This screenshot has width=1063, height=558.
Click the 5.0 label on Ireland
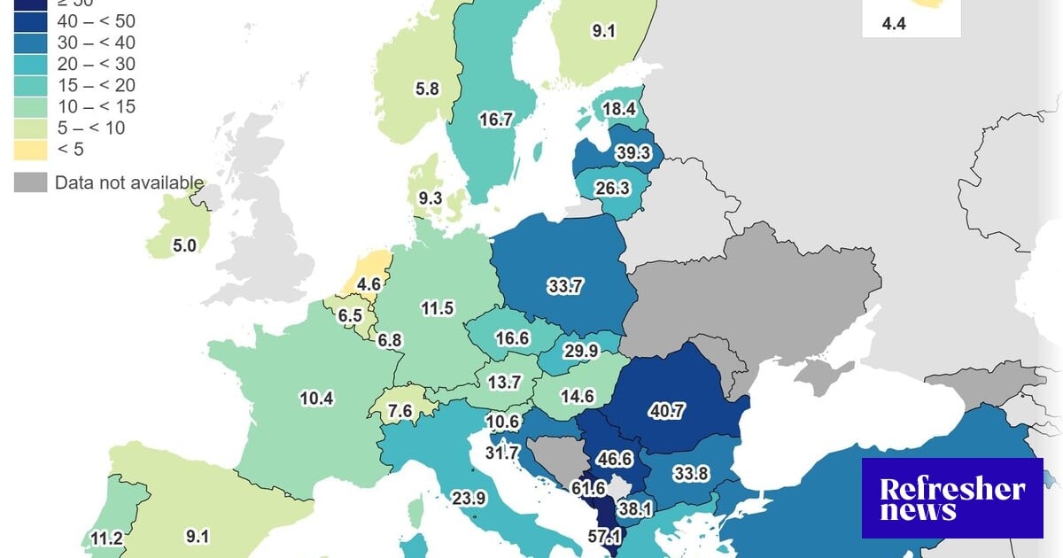(184, 245)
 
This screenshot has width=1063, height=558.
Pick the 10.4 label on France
(316, 399)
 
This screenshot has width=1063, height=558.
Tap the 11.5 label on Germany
(437, 308)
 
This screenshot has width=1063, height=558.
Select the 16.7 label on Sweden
(495, 119)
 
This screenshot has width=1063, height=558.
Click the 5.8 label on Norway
(426, 89)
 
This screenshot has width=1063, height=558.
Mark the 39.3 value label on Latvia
(633, 153)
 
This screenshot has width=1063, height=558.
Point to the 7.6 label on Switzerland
(400, 411)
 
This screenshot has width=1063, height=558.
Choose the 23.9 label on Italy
(469, 498)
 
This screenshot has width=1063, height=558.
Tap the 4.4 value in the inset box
(894, 24)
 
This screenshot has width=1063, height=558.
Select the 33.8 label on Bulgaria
(691, 473)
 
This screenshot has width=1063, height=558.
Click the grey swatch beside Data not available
(30, 183)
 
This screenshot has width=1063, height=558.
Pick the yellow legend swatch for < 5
(30, 149)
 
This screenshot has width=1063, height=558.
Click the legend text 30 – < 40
(96, 43)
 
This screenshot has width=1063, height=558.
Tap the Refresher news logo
(952, 498)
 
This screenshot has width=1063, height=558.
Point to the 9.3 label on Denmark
(430, 198)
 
